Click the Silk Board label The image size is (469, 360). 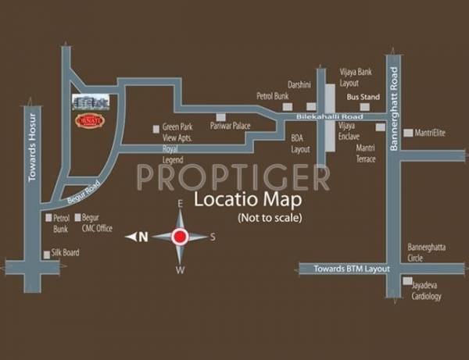(66, 253)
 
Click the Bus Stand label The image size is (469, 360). (363, 97)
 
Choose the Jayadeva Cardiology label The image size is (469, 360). (426, 290)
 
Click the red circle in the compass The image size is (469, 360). (180, 237)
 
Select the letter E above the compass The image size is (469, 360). (180, 203)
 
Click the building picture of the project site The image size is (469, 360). (91, 102)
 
